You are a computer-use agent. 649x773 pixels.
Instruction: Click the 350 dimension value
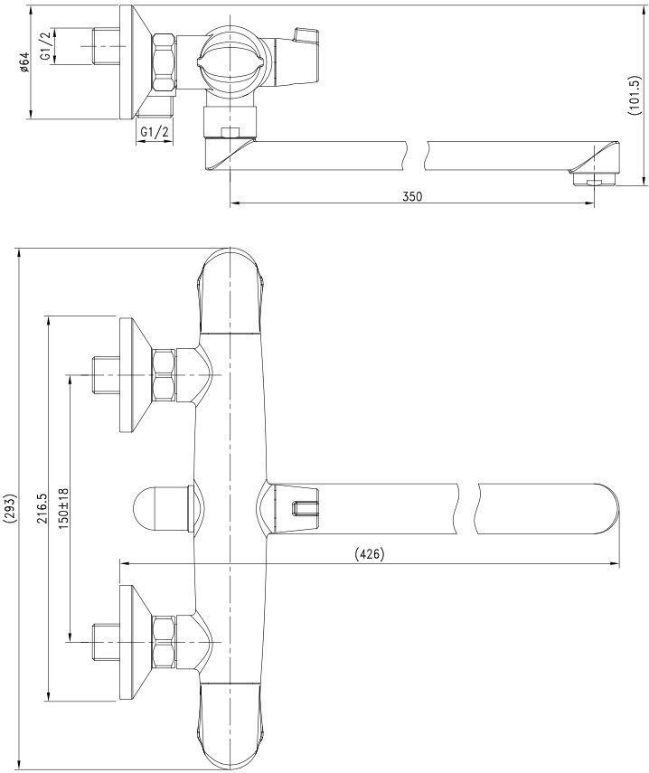coord(412,196)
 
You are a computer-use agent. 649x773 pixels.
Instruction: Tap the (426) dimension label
coord(369,554)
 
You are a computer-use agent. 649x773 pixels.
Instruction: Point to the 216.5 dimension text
coord(42,508)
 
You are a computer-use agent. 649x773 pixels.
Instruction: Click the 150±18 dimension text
coord(64,508)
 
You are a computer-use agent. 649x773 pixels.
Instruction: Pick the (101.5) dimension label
coord(634,96)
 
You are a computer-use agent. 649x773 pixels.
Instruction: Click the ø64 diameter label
coord(24,62)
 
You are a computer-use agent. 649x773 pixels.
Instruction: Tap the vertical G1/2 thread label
coord(45,46)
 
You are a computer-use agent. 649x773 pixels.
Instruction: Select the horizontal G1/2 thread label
coord(155,132)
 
